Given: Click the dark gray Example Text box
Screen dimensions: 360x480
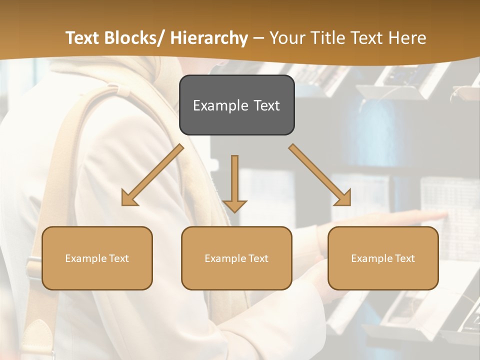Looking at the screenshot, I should coord(236,105).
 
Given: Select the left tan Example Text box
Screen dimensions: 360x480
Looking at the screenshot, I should coord(97,258).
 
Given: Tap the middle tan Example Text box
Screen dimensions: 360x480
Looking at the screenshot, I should coord(236,258).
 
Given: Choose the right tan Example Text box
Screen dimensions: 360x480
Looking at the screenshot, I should coord(383,258).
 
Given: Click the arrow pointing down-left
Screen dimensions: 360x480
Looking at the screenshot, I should coord(152,175).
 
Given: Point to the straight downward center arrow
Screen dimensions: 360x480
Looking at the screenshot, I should coord(234,182).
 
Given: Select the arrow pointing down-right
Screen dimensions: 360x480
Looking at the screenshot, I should coord(320,175).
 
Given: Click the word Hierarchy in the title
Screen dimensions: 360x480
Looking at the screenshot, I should coord(209,38).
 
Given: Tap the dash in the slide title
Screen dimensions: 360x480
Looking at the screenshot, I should coord(258,38).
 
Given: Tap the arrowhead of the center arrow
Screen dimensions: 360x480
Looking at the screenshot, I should coord(234,205).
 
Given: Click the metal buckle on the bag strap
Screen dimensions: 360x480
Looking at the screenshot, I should coord(33,268).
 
